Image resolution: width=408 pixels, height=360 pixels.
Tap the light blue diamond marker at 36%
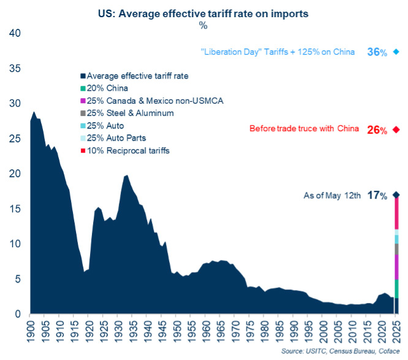(x=396, y=52)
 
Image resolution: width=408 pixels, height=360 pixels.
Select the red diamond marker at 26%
(x=396, y=129)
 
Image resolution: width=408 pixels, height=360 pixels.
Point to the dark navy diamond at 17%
(x=396, y=195)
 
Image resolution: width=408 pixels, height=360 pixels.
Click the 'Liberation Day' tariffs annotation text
(x=278, y=52)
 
